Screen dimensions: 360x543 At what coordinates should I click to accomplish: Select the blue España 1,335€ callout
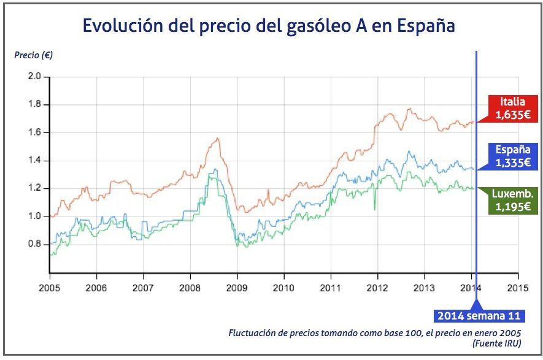point(512,156)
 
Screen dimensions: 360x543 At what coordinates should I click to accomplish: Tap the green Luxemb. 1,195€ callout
point(512,201)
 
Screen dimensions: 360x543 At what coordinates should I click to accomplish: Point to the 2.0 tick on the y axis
point(34,77)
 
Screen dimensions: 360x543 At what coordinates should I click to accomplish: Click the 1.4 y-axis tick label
point(34,161)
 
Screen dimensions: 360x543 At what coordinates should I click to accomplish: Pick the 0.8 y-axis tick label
point(34,244)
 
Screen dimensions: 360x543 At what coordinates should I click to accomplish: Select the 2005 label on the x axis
point(49,287)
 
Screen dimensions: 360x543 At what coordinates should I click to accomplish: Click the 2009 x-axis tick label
point(237,287)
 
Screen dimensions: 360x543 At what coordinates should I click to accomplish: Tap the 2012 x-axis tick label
point(377,287)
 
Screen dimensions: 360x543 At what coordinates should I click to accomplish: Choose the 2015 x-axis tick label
point(518,287)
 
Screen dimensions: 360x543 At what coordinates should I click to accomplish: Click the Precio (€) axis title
point(34,55)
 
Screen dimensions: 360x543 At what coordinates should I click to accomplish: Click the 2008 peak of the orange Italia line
point(217,139)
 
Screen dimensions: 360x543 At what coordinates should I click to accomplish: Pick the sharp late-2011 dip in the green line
point(374,210)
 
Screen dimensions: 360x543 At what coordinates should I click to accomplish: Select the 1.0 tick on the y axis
point(34,216)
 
